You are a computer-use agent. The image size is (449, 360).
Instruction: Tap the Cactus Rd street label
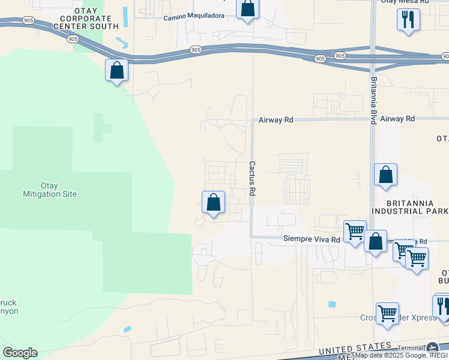(x=253, y=178)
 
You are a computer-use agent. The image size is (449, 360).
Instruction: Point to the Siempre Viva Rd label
(x=312, y=239)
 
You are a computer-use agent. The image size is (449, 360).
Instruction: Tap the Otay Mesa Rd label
(x=405, y=2)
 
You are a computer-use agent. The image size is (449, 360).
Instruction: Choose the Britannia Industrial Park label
(x=409, y=207)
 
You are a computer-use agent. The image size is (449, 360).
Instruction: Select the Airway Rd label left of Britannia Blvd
(x=276, y=120)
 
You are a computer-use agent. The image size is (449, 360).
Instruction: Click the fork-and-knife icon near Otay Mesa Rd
(x=408, y=20)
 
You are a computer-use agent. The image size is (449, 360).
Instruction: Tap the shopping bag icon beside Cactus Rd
(x=213, y=203)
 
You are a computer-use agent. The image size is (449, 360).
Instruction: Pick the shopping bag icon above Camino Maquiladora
(x=247, y=9)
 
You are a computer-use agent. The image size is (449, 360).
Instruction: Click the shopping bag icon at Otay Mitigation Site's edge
(x=117, y=71)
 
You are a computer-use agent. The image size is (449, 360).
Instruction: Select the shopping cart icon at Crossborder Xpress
(x=387, y=314)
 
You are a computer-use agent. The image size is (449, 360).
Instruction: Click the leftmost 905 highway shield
(x=73, y=39)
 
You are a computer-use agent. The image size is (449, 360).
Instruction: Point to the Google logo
(x=20, y=353)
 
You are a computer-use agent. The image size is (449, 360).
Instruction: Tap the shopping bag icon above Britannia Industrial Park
(x=385, y=175)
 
